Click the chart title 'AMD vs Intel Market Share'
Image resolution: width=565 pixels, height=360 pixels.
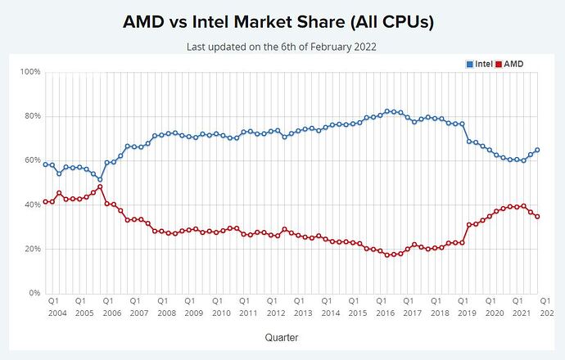282,22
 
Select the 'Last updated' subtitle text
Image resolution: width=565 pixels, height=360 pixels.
282,47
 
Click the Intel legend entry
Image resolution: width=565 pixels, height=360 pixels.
480,64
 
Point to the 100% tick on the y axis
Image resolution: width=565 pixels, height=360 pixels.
30,72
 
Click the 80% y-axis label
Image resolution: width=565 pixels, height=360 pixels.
32,116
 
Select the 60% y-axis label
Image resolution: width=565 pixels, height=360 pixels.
32,160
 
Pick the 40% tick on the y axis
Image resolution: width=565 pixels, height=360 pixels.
32,205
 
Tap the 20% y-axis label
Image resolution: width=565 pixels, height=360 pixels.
32,249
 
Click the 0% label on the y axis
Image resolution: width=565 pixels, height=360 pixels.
34,293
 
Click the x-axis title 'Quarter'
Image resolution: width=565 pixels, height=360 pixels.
281,336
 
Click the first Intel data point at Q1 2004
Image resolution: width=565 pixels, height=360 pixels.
46,164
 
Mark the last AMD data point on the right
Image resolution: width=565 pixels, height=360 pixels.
537,216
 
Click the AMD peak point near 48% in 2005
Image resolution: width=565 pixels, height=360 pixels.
100,187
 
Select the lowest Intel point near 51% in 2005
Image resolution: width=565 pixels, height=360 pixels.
100,179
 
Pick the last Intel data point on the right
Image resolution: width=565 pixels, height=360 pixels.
537,150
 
